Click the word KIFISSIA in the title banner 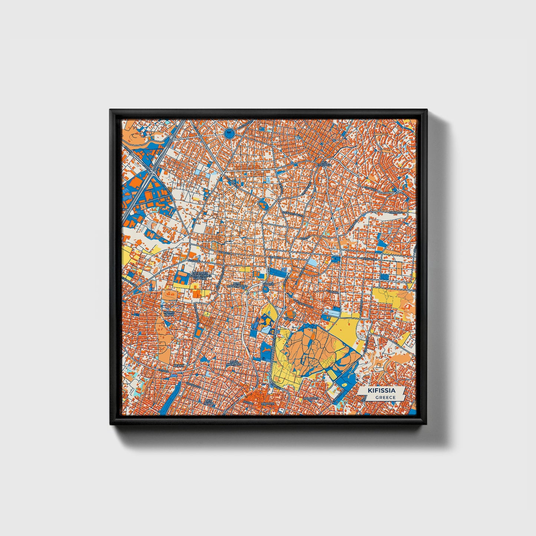point(381,391)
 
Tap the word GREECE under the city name point(385,397)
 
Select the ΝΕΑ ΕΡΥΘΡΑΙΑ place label point(325,164)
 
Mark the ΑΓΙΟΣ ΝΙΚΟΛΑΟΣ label point(234,362)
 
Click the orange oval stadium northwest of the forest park point(267,317)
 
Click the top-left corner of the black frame point(111,111)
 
